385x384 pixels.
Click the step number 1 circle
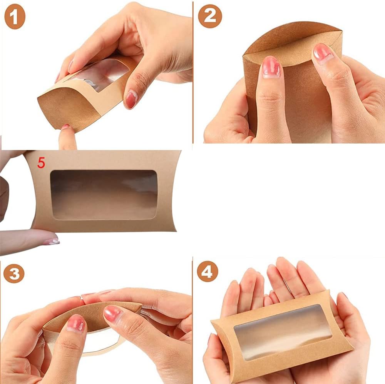pyautogui.click(x=15, y=17)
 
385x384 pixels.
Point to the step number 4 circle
pyautogui.click(x=208, y=271)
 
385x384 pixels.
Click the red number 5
pyautogui.click(x=41, y=163)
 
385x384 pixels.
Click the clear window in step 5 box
pyautogui.click(x=104, y=195)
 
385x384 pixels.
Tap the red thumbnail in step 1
pyautogui.click(x=131, y=99)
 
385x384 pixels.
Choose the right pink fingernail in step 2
pyautogui.click(x=322, y=53)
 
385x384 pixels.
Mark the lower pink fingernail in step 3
pyautogui.click(x=76, y=324)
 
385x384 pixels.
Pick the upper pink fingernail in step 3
pyautogui.click(x=113, y=314)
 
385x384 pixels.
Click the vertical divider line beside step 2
pyautogui.click(x=193, y=72)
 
